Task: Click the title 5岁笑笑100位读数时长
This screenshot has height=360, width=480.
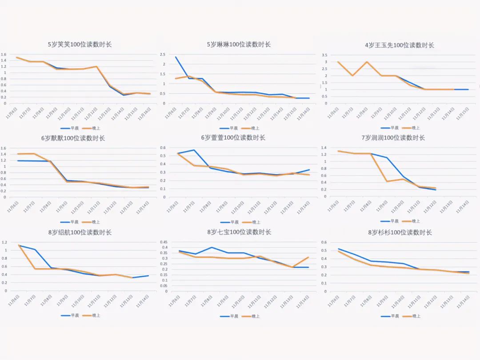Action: [80, 44]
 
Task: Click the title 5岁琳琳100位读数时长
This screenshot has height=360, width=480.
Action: [239, 44]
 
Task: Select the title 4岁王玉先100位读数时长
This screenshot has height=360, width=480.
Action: [399, 45]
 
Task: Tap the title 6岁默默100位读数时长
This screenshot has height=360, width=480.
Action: [73, 138]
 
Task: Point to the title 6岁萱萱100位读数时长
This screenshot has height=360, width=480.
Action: [233, 138]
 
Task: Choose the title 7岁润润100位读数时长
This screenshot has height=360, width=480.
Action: [393, 138]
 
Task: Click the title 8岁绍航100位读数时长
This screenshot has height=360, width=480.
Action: [80, 232]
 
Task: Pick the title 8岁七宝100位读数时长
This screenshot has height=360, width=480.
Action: [239, 232]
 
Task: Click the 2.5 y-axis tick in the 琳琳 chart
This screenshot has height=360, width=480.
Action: [164, 54]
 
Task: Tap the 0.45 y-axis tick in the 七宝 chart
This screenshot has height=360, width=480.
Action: [164, 242]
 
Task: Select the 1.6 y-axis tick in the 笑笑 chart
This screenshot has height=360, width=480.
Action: [4, 54]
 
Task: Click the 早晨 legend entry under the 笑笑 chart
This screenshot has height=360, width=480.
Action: [69, 128]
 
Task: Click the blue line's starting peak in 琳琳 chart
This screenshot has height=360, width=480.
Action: [176, 57]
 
